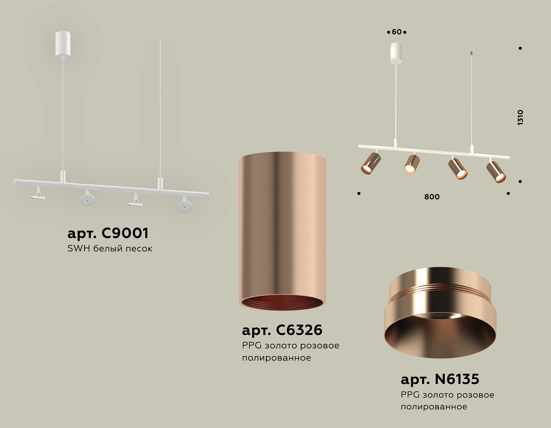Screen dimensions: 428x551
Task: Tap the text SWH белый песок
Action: (x=109, y=249)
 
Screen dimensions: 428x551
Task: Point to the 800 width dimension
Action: (x=432, y=197)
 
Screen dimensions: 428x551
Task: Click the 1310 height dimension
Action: (x=520, y=117)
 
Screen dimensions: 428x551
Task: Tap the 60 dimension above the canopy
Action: (x=397, y=32)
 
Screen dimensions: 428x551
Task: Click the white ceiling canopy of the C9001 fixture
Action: (x=63, y=44)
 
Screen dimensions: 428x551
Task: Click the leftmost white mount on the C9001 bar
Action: (x=38, y=194)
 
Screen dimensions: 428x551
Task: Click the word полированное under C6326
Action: (x=276, y=358)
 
